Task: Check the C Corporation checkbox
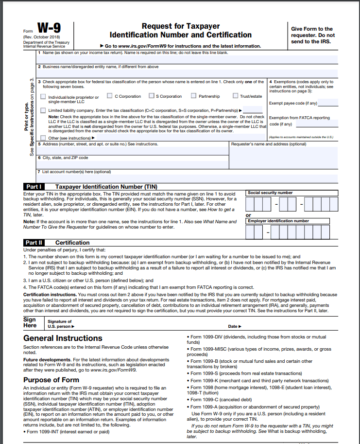[x=110, y=96]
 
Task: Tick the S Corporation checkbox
[x=152, y=96]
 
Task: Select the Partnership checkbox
[x=194, y=96]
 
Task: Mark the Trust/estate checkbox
[x=236, y=96]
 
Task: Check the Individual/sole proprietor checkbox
[x=44, y=97]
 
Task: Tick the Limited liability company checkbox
[x=44, y=110]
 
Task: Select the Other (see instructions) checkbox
[x=44, y=138]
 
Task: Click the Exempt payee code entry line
[x=328, y=103]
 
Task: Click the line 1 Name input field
[x=187, y=59]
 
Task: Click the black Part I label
[x=34, y=187]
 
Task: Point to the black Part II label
[x=34, y=243]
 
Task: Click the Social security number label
[x=270, y=193]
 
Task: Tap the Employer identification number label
[x=278, y=221]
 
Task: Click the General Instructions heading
[x=63, y=338]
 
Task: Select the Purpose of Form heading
[x=51, y=380]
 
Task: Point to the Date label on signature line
[x=234, y=326]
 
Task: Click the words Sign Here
[x=30, y=322]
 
